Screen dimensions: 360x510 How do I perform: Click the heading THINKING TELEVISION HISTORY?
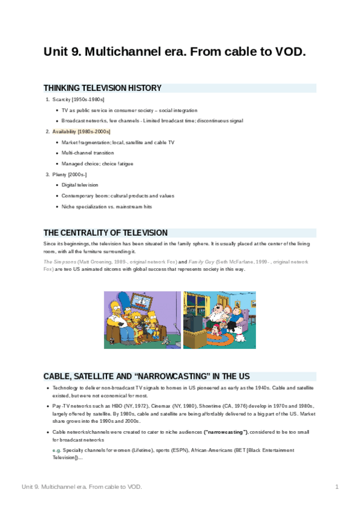point(102,88)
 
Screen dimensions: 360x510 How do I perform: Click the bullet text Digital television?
point(80,185)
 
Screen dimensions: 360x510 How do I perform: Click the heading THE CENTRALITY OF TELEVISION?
point(105,233)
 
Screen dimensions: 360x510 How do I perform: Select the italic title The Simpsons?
point(59,263)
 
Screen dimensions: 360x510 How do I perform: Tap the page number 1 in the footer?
point(337,486)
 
